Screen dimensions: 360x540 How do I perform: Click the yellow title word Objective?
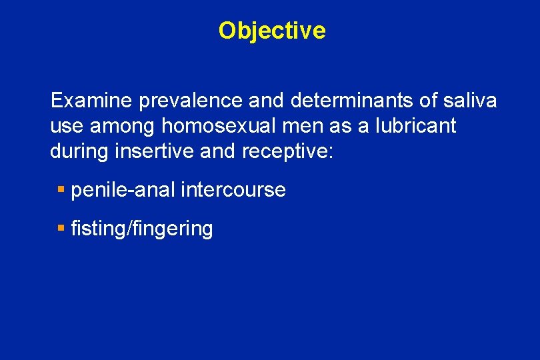(272, 31)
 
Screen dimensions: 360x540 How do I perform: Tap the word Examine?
(91, 101)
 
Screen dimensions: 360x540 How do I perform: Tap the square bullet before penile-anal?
(61, 190)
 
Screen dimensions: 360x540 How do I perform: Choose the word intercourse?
(234, 190)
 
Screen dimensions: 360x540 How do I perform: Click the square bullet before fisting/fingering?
(61, 229)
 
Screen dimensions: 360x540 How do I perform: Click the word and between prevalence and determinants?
(267, 101)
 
